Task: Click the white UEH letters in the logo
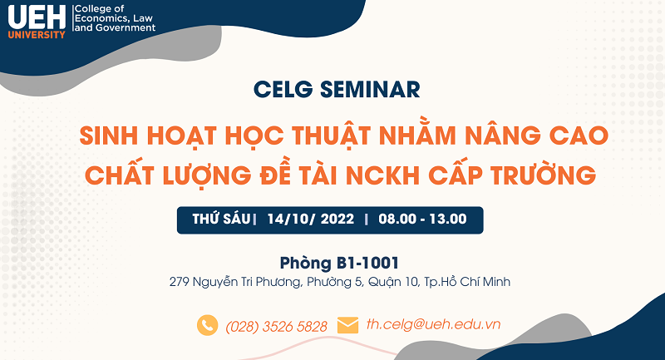click(x=37, y=17)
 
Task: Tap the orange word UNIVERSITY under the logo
click(x=37, y=35)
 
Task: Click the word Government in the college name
click(x=126, y=28)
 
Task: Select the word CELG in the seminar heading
click(x=283, y=90)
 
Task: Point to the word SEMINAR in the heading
click(x=370, y=90)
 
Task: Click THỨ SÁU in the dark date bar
click(x=221, y=219)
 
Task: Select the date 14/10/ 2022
click(x=310, y=219)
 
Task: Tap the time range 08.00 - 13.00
click(x=422, y=219)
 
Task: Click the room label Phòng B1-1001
click(x=339, y=263)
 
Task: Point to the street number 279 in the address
click(x=179, y=282)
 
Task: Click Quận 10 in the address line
click(x=393, y=282)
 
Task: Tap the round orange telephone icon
click(x=207, y=325)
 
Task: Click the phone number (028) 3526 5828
click(x=277, y=327)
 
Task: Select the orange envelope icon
click(x=347, y=325)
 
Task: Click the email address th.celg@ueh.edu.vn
click(x=433, y=324)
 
